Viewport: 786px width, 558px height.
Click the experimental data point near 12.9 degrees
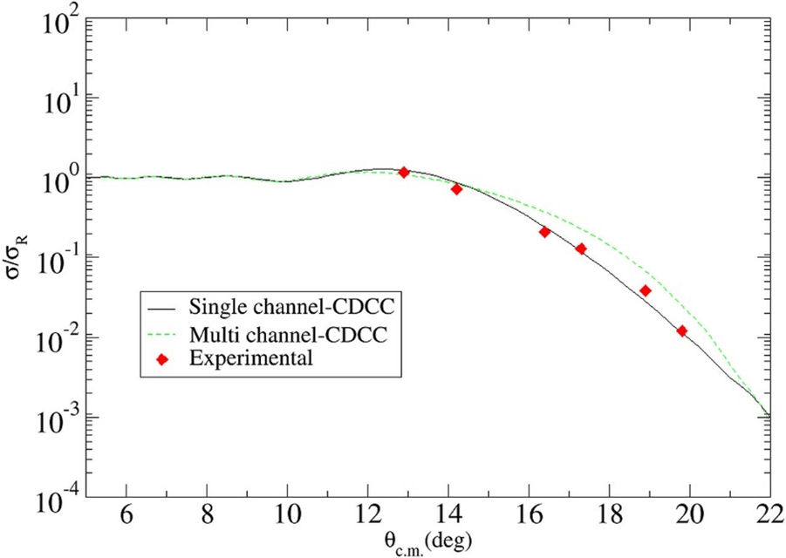404,172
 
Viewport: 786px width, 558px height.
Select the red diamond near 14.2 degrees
456,189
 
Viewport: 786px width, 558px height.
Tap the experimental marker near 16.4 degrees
545,232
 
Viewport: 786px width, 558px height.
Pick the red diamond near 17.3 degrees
581,248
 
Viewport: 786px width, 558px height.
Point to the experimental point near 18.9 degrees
646,290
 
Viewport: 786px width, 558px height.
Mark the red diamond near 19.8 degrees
682,331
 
